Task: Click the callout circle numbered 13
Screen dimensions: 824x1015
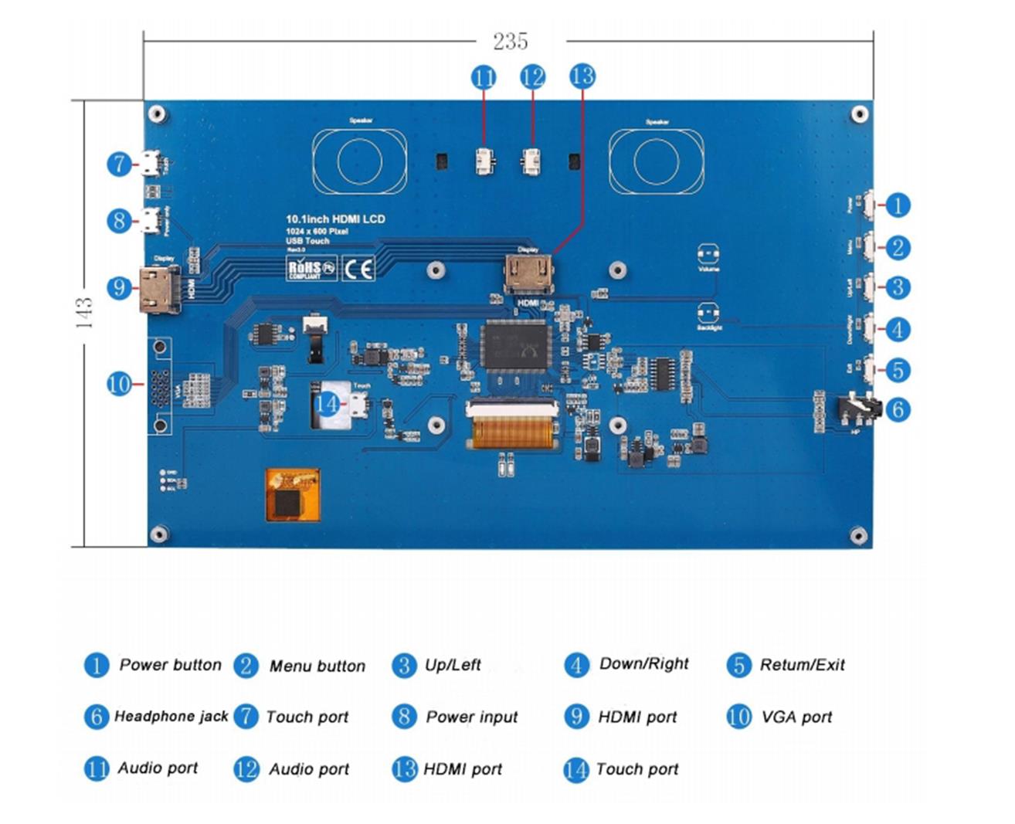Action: pos(582,76)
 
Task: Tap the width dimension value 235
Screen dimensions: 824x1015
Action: pos(511,42)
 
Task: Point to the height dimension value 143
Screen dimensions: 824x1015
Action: pos(84,313)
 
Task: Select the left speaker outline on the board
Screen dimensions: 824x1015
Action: pos(360,162)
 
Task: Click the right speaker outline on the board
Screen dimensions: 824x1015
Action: pos(656,162)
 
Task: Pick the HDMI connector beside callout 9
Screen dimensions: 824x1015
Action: pos(159,289)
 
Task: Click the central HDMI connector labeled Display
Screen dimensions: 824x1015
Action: pos(529,274)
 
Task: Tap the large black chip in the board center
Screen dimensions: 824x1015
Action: pos(515,345)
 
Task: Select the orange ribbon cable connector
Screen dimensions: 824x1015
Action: pos(511,426)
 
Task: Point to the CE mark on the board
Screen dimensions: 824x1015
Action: pos(358,269)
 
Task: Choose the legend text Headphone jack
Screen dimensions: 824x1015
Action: pos(171,717)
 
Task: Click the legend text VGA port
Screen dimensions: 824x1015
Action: pos(796,717)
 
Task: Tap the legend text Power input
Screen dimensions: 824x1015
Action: pos(472,717)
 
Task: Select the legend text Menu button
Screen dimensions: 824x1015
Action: pos(317,666)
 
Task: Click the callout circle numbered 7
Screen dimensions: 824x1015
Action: pos(119,164)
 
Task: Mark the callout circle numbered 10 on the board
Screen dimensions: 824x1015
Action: pos(119,384)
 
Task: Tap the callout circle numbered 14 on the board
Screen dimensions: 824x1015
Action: pos(327,404)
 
